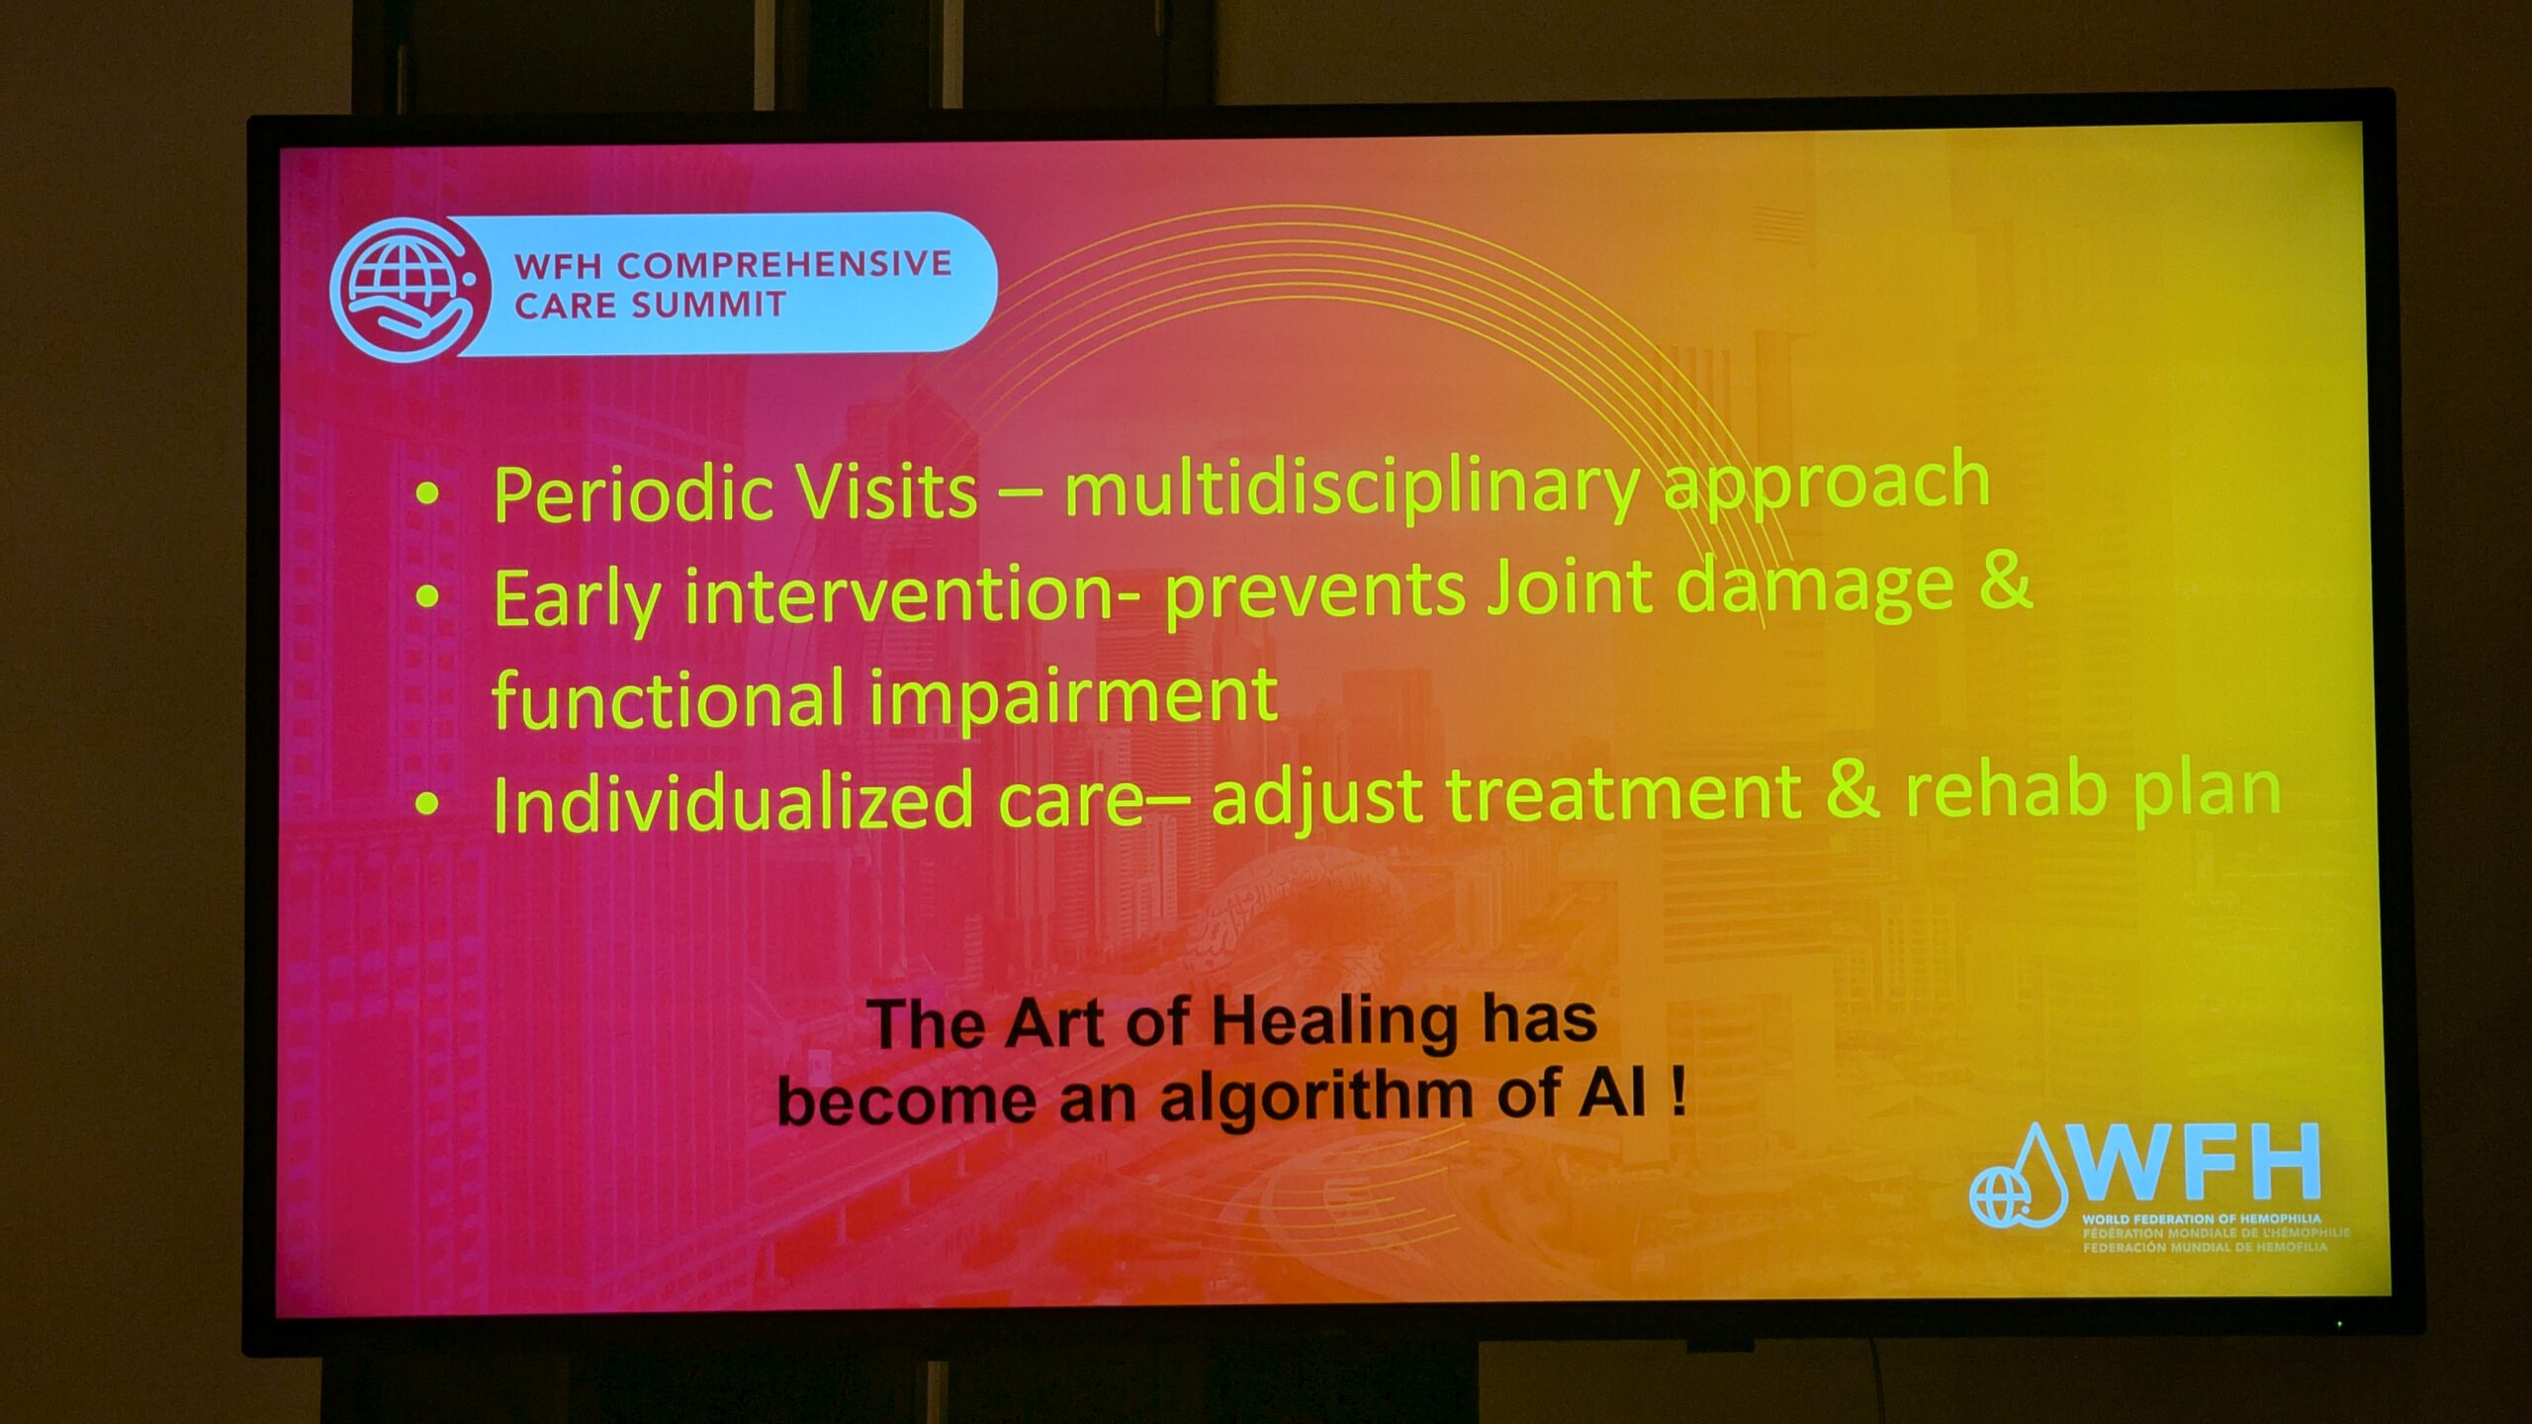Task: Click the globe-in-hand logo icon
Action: tap(409, 288)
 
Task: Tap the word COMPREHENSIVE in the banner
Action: tap(784, 265)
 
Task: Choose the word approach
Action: tap(1826, 482)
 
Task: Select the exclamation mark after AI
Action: tap(1677, 1094)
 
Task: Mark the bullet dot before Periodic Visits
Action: tap(427, 493)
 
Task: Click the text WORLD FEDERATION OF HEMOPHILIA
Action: tap(2201, 1219)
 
